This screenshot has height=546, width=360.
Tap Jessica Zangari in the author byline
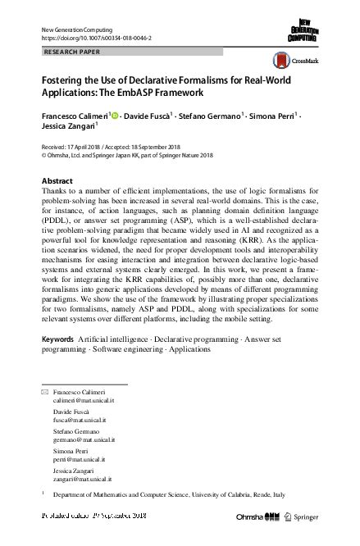(x=68, y=126)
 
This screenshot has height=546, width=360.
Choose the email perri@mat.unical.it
(x=77, y=459)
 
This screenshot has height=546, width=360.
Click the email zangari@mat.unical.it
(x=82, y=479)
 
